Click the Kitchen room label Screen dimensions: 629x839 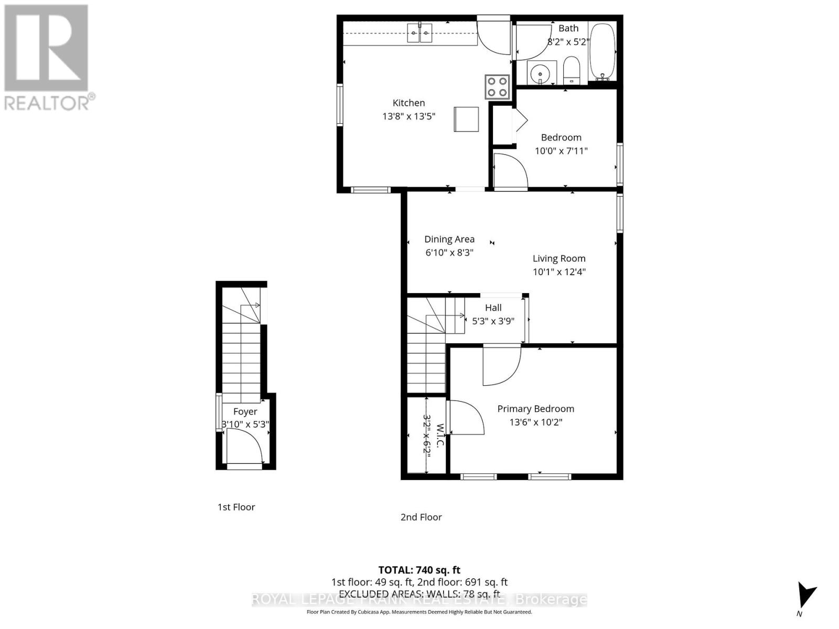(408, 103)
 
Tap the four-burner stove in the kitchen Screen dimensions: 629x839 (497, 87)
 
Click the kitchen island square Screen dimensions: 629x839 (466, 119)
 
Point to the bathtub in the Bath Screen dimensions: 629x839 (602, 51)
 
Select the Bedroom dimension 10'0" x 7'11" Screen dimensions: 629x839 (561, 151)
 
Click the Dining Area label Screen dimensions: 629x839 (449, 239)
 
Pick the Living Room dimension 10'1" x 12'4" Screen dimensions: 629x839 (559, 272)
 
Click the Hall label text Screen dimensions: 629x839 (493, 308)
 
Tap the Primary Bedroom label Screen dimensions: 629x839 (535, 409)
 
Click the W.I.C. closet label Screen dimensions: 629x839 (440, 436)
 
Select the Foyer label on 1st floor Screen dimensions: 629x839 (245, 411)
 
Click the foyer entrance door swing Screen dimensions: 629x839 (244, 446)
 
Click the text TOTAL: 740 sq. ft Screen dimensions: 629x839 (419, 570)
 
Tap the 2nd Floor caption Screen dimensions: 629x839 (421, 517)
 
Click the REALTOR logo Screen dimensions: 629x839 (47, 57)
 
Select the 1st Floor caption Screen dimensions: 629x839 (236, 507)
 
